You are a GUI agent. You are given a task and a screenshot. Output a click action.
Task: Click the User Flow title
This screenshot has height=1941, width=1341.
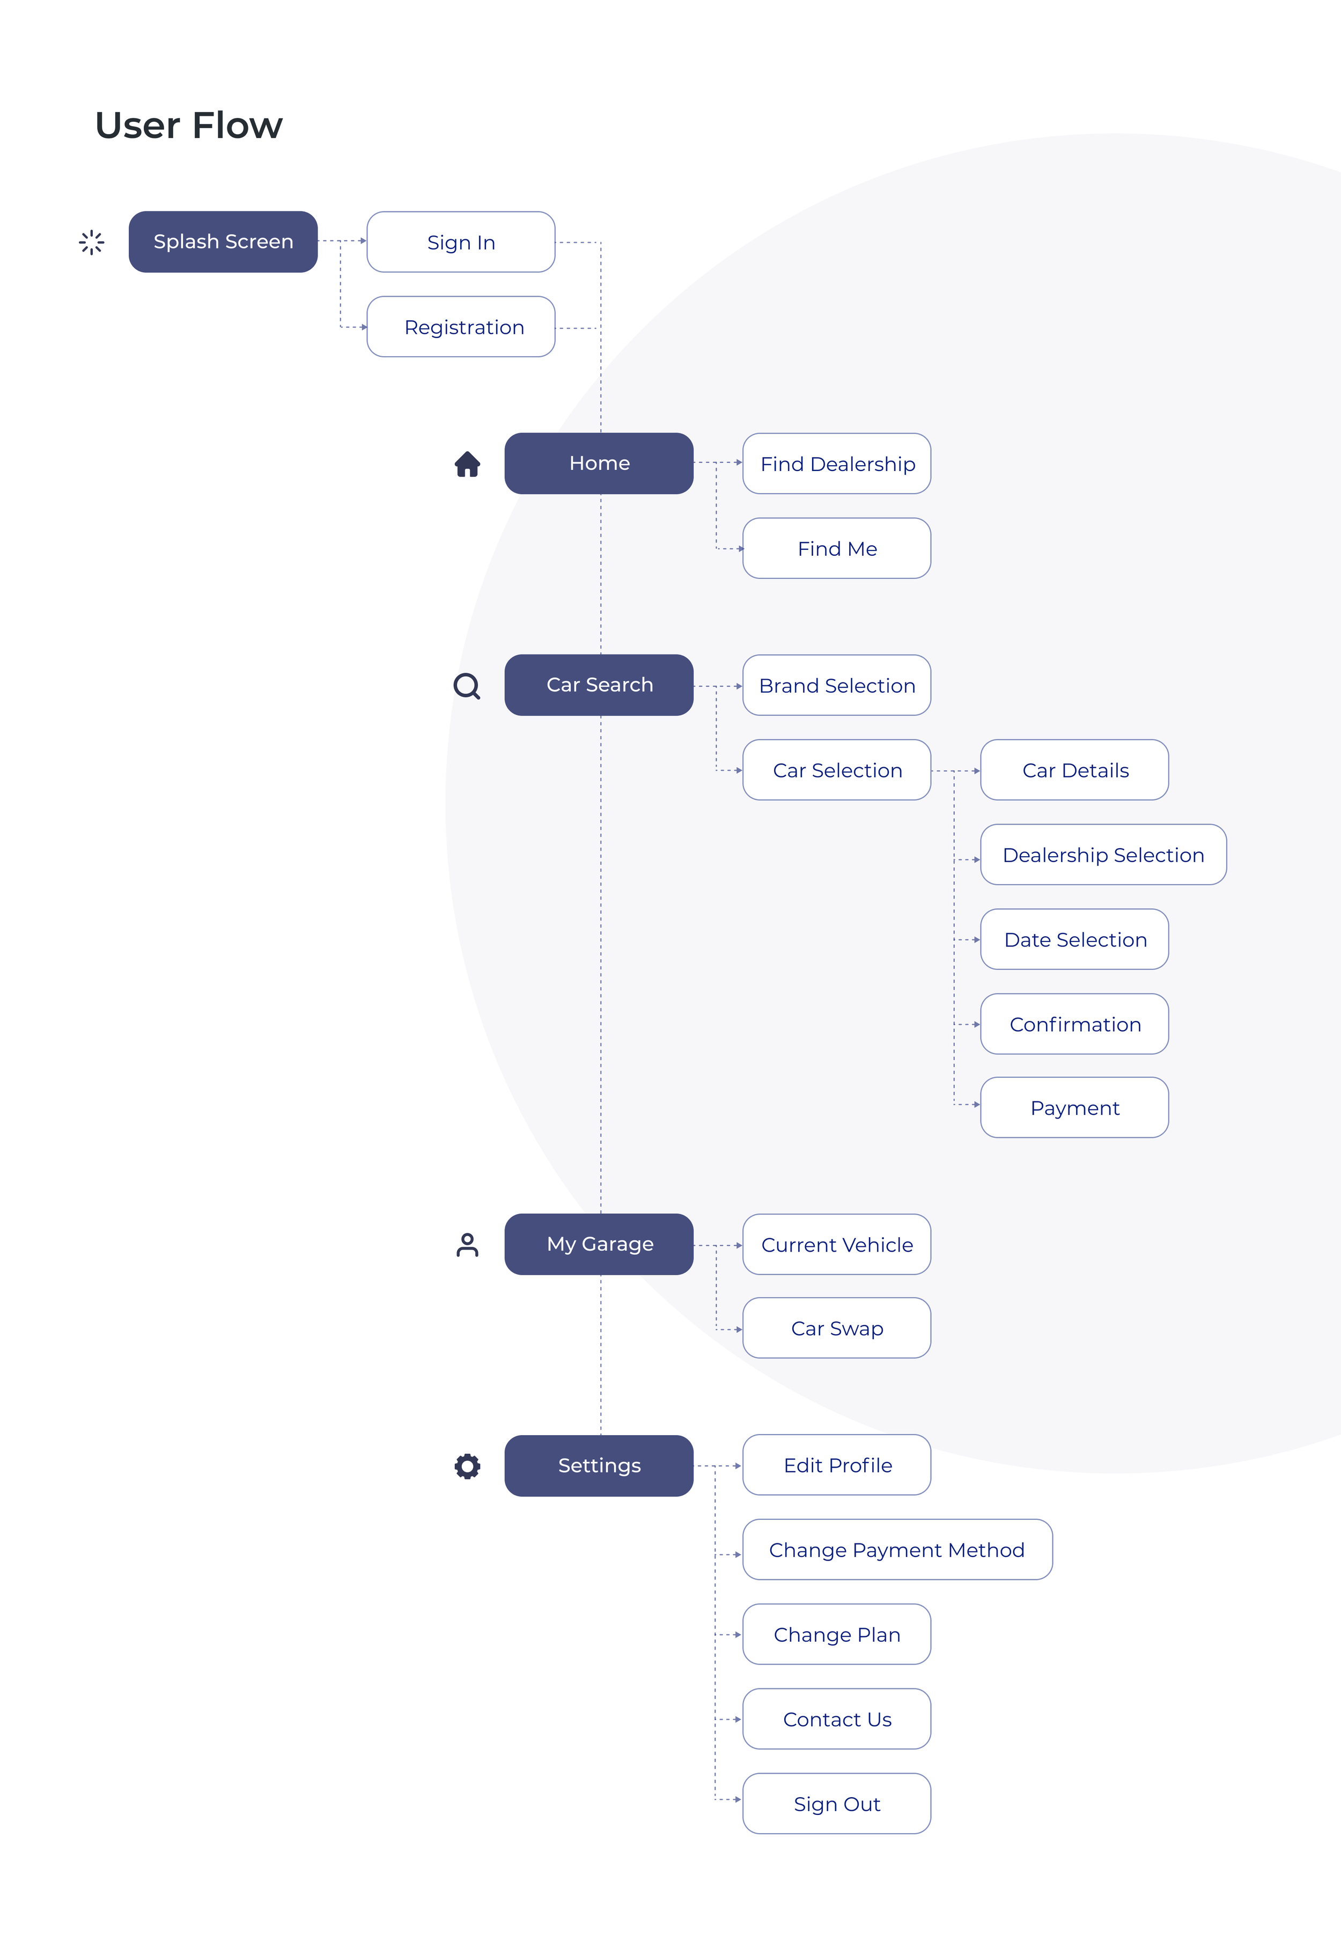click(189, 125)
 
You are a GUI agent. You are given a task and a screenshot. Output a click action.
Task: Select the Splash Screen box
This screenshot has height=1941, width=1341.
click(223, 242)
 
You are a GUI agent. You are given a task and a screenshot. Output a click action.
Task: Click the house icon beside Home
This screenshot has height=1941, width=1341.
click(467, 464)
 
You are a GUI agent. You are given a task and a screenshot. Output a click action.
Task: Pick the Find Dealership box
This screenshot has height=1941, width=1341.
click(837, 464)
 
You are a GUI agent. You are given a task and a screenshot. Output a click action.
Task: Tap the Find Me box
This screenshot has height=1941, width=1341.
click(837, 548)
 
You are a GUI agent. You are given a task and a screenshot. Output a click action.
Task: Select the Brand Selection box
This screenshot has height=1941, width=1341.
click(837, 685)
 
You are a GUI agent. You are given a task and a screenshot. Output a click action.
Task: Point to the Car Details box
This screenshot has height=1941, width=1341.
click(1074, 770)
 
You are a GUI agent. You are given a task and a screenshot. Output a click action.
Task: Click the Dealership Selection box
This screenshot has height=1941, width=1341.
click(1103, 855)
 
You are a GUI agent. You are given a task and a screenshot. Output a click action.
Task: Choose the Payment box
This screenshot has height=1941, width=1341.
click(1074, 1107)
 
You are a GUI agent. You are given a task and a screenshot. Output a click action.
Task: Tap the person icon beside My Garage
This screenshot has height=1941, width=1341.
click(467, 1245)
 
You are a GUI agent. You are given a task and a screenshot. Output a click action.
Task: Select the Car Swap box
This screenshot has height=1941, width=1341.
click(837, 1328)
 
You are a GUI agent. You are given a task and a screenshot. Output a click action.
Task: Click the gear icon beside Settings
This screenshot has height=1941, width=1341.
click(467, 1466)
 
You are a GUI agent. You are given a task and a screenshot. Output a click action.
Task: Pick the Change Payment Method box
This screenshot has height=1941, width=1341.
click(897, 1549)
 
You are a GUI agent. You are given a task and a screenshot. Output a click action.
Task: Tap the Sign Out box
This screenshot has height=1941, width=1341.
click(837, 1803)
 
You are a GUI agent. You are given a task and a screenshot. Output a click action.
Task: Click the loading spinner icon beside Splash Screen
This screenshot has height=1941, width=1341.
click(92, 242)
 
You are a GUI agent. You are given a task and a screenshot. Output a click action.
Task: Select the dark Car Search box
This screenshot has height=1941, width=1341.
click(599, 685)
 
